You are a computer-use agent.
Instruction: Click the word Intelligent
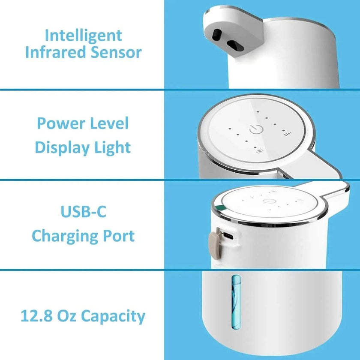(x=83, y=35)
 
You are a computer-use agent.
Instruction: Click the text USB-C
(x=83, y=212)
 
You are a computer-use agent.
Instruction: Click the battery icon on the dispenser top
(x=258, y=150)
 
